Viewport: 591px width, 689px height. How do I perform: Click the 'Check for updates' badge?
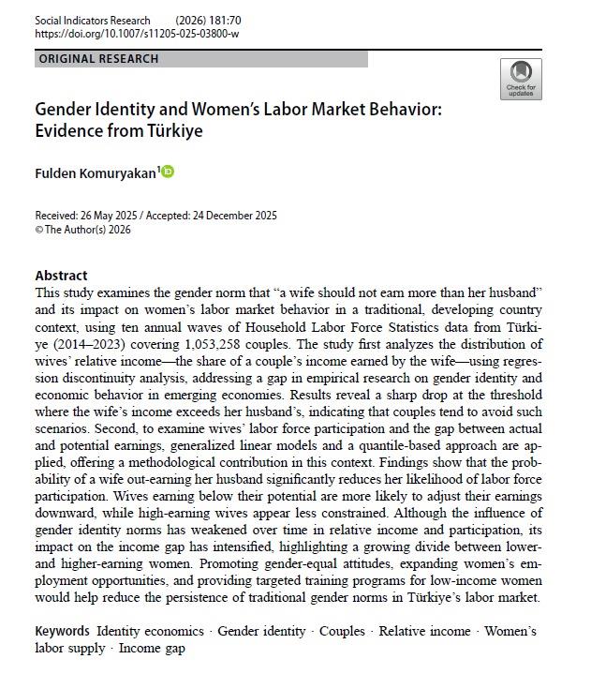pos(521,79)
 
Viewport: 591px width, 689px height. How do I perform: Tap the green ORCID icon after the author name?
pos(169,172)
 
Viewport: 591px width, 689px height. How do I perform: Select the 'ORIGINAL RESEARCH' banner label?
pos(98,59)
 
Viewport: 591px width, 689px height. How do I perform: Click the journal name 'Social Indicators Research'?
pos(92,20)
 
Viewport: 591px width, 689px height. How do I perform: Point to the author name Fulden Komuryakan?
pos(96,172)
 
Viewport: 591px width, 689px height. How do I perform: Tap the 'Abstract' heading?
pos(61,276)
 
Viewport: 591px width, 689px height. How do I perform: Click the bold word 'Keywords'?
pos(63,631)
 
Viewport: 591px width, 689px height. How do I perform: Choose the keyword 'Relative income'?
pos(424,631)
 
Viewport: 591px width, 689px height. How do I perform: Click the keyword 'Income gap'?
pos(152,648)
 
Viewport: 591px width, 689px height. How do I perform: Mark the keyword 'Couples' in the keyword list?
pos(342,631)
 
